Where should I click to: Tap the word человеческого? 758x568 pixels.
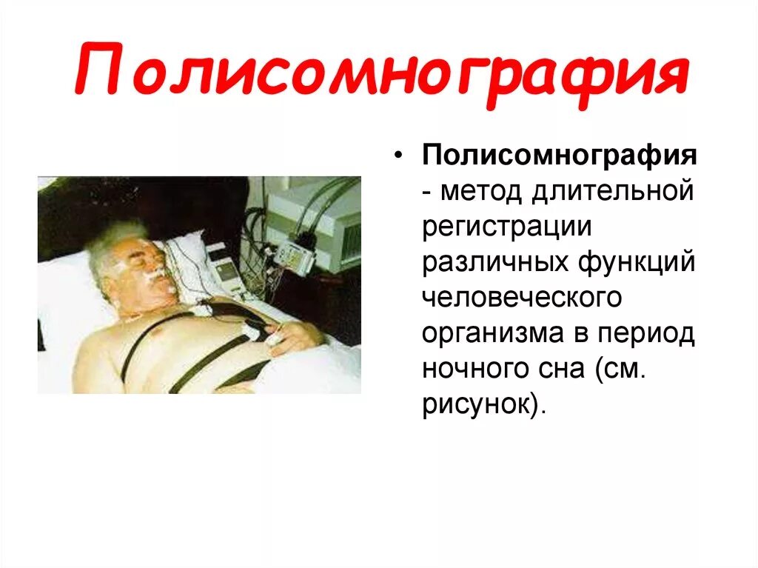pyautogui.click(x=521, y=298)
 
